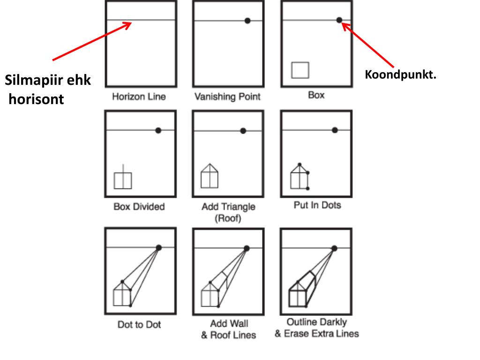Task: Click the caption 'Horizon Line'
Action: click(139, 97)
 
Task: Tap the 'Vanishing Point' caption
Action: click(227, 97)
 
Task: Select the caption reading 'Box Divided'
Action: click(139, 206)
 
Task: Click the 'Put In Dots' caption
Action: click(317, 205)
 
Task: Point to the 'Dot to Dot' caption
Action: click(139, 324)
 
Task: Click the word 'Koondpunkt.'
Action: click(400, 75)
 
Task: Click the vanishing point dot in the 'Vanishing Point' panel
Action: click(247, 21)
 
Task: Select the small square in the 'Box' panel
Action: click(300, 70)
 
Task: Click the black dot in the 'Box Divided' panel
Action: click(158, 130)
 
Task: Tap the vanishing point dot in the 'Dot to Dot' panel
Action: click(158, 247)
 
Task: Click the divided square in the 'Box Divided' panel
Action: click(123, 180)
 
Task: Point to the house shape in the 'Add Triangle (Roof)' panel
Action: click(210, 176)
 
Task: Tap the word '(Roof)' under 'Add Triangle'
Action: click(228, 218)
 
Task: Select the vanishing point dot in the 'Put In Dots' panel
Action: click(335, 130)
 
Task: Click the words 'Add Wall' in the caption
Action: click(229, 324)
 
